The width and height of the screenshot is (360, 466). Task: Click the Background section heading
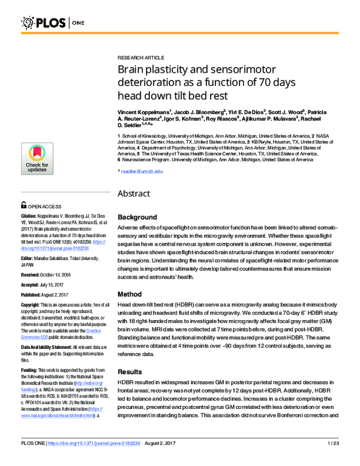(x=137, y=217)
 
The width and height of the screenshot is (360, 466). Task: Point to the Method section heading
(x=130, y=295)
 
